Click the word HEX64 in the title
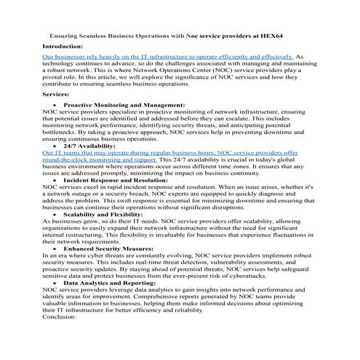298,34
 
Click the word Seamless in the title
102,34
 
